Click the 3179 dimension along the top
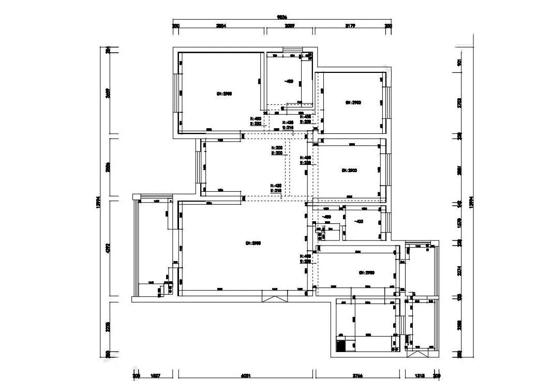click(x=350, y=25)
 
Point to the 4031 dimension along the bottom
click(x=246, y=376)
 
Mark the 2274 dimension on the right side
click(x=459, y=270)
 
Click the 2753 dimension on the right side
click(x=459, y=102)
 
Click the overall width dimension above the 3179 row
click(x=282, y=17)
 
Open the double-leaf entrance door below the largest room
click(x=274, y=296)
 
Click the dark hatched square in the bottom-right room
click(x=341, y=345)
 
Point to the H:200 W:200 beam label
click(x=277, y=150)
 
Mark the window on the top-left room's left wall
click(x=176, y=93)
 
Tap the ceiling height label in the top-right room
click(x=353, y=103)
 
